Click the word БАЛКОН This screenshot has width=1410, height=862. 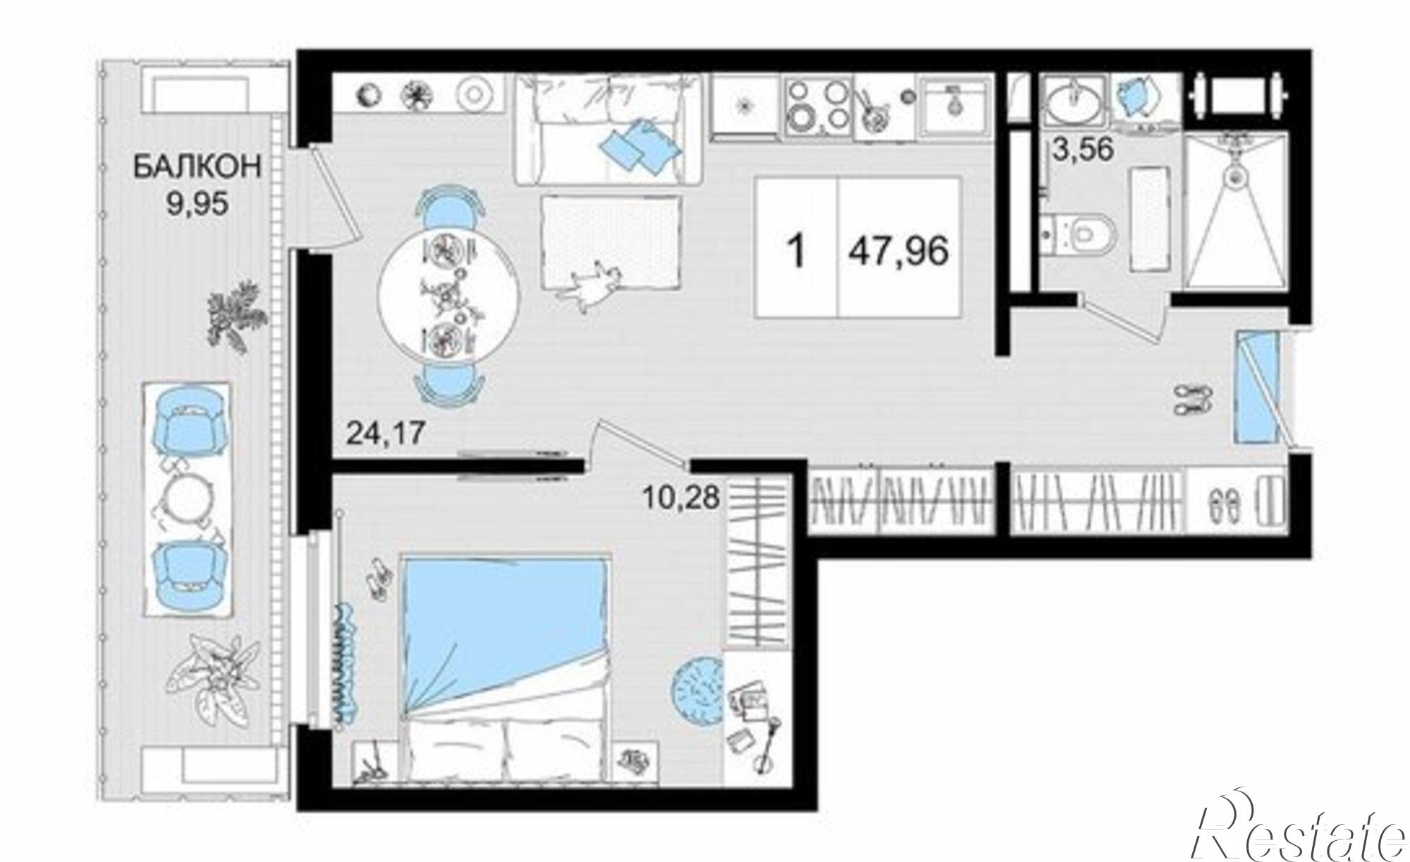[197, 168]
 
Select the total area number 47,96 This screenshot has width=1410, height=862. [898, 251]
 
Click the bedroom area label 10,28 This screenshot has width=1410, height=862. [681, 498]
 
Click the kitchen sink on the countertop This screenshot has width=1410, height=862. [954, 106]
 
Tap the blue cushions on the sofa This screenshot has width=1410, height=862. [638, 146]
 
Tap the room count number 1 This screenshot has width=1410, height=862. [797, 251]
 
